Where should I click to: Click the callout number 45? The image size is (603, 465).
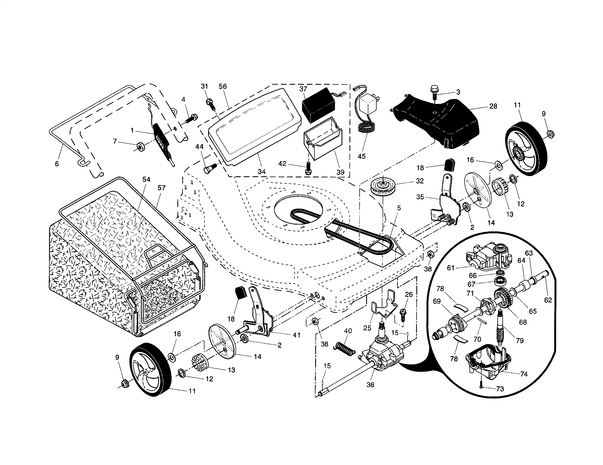362,156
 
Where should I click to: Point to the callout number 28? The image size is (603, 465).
493,106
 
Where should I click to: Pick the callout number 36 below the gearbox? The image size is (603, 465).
371,384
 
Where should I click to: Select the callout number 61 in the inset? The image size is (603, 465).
451,268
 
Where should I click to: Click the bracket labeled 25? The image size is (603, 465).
385,307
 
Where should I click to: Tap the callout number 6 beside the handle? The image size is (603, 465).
57,164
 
